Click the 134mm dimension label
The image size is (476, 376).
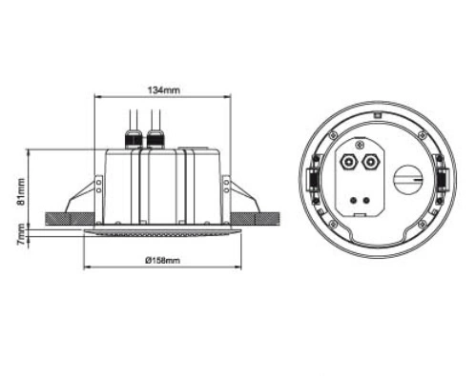tap(163, 90)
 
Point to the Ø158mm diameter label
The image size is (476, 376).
tap(163, 261)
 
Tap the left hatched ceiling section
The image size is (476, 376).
tap(70, 219)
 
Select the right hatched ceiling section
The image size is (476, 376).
tap(255, 219)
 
